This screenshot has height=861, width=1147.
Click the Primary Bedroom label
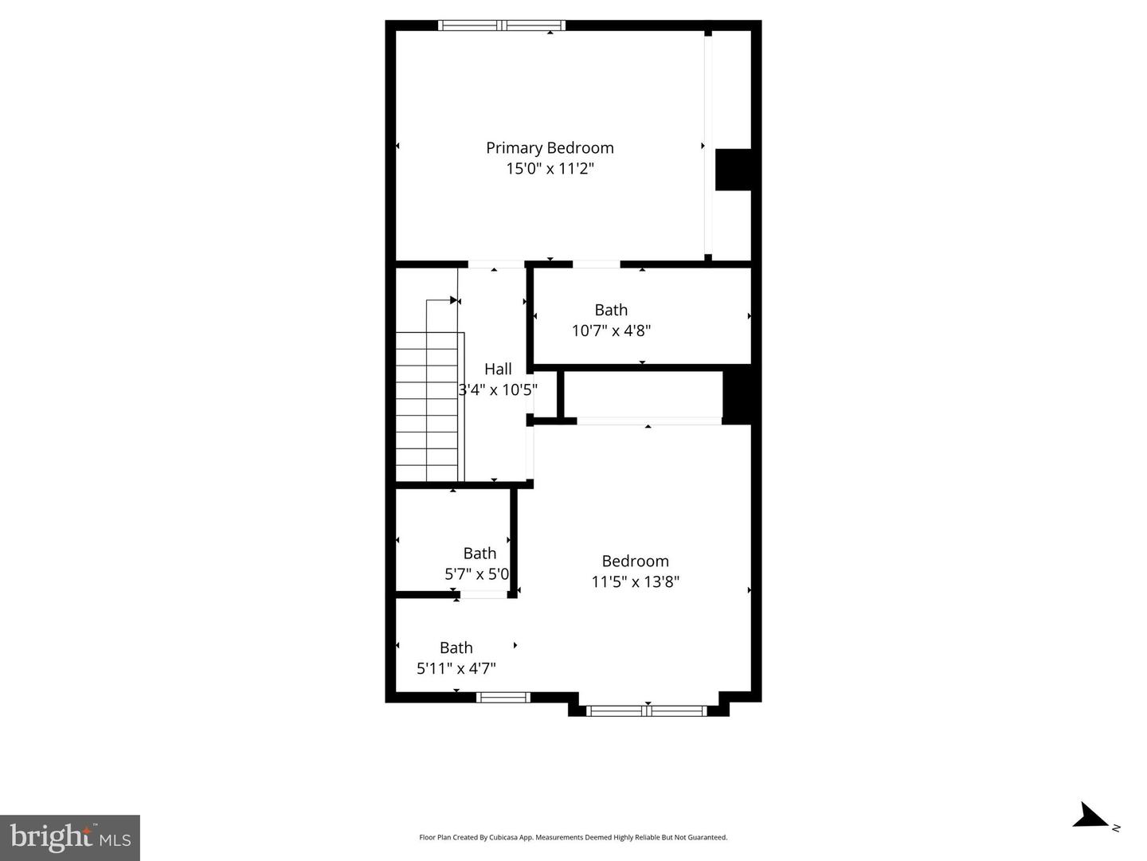point(550,147)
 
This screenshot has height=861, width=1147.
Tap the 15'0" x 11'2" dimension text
point(550,169)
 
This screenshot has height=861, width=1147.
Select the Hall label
point(498,369)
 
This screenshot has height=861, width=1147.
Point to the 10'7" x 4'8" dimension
point(611,331)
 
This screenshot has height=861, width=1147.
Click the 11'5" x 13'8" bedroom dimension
point(635,581)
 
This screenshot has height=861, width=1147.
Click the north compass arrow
point(1090,816)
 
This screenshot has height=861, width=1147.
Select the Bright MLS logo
point(70,837)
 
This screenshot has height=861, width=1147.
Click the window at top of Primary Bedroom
point(502,25)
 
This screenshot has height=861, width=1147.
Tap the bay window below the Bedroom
point(647,710)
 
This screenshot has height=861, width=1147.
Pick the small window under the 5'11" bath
point(503,698)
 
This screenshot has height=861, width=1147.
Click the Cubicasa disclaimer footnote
point(573,837)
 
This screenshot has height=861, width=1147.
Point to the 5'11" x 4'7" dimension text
point(456,668)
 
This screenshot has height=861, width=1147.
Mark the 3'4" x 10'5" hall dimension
point(498,390)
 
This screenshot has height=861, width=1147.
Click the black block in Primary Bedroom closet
point(733,170)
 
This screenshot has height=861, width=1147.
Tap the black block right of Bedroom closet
point(737,394)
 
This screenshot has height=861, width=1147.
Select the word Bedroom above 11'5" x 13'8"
point(635,561)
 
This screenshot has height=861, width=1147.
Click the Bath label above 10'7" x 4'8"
point(611,310)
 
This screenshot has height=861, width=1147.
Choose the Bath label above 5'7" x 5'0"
point(480,553)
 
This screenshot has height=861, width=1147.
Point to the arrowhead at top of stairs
point(455,300)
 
